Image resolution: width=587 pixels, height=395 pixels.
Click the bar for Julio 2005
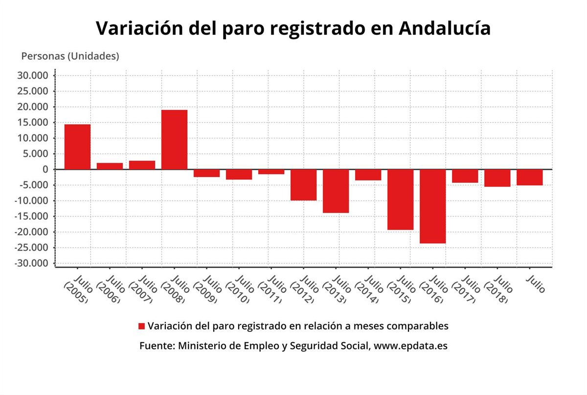click(x=77, y=147)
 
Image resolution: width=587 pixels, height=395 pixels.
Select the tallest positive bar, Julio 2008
click(x=174, y=139)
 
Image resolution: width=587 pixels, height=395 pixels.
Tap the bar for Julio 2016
click(x=432, y=206)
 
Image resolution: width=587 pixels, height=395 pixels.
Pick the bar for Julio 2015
click(x=400, y=199)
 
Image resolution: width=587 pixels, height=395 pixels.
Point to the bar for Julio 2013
click(x=336, y=191)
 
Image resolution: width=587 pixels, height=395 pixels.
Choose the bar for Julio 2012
click(x=303, y=184)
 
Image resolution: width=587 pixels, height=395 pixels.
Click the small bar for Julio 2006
click(x=110, y=166)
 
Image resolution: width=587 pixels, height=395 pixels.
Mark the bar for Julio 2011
click(x=271, y=172)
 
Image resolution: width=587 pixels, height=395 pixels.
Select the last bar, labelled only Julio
click(x=529, y=177)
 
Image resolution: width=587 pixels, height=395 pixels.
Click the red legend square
click(x=142, y=326)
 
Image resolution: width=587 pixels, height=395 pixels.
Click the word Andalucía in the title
click(x=445, y=28)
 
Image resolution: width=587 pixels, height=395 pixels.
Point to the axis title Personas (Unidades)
click(x=70, y=56)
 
